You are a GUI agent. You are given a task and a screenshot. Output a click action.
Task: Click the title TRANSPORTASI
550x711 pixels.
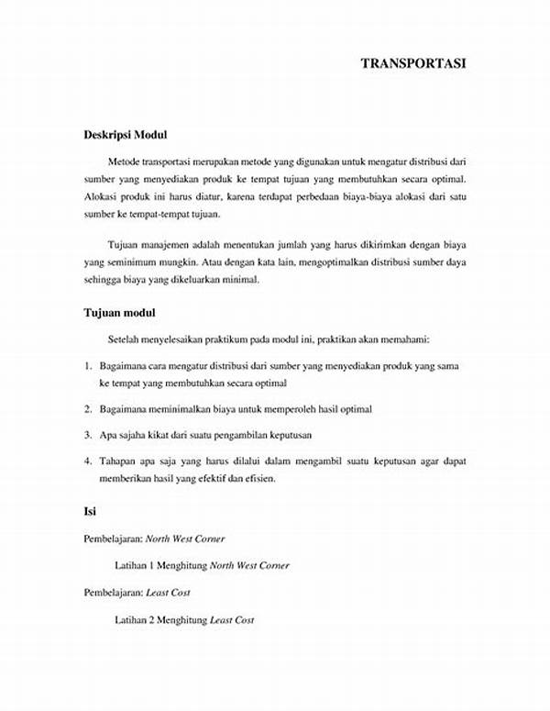click(x=414, y=63)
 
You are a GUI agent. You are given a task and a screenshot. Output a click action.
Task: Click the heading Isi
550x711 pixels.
click(x=90, y=511)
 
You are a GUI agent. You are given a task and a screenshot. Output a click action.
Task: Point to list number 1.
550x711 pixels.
click(x=87, y=365)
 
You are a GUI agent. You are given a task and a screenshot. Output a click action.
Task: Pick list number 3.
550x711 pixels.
click(x=87, y=435)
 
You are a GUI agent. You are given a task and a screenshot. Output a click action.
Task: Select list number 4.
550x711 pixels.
click(x=87, y=461)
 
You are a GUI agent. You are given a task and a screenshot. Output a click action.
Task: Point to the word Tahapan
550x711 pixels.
click(x=119, y=461)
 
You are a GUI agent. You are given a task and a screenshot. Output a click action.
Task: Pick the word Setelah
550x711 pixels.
click(x=124, y=339)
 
